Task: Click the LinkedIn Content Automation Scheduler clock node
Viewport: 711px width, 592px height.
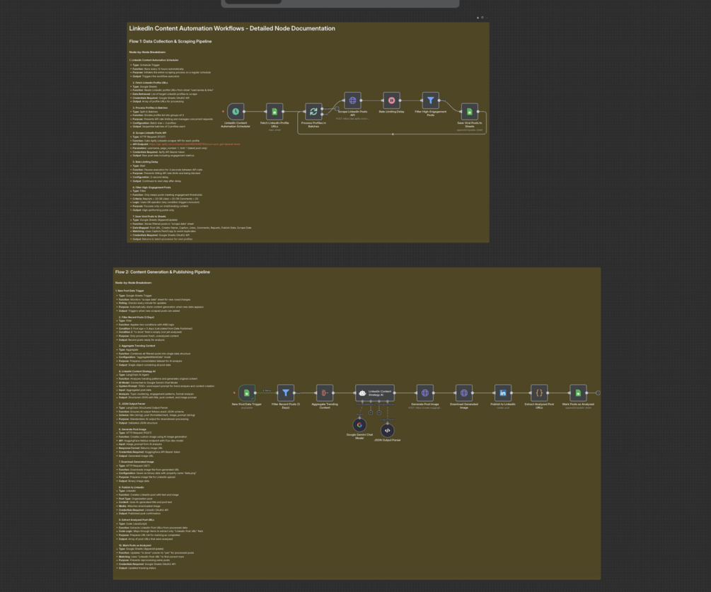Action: point(236,112)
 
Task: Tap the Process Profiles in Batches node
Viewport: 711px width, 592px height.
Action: point(313,112)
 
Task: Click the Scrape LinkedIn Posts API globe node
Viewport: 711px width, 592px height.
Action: point(352,100)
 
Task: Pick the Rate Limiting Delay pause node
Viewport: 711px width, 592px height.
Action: point(391,100)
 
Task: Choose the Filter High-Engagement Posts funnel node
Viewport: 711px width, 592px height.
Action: point(430,100)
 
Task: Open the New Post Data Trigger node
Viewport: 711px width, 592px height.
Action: point(246,393)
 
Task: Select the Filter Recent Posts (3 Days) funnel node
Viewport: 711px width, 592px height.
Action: point(285,393)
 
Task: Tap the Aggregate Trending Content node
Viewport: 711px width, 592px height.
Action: point(324,393)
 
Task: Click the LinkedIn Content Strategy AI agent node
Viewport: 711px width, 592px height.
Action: point(374,393)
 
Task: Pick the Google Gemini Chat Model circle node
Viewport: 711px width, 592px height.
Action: point(359,424)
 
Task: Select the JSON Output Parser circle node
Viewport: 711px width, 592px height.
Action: point(387,430)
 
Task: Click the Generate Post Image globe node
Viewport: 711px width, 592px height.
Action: point(424,393)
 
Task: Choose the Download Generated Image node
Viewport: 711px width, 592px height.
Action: point(464,393)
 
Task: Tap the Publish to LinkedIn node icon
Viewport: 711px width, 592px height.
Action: point(503,393)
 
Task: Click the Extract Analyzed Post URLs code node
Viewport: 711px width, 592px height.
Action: point(539,393)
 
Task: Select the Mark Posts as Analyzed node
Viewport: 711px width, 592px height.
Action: point(578,393)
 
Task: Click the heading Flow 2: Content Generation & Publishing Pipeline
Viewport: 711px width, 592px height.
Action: point(163,272)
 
